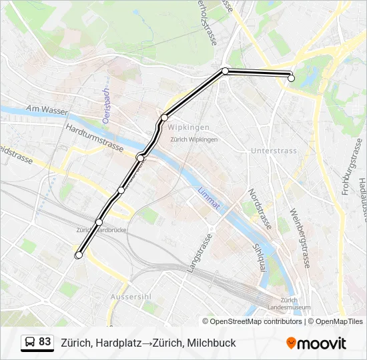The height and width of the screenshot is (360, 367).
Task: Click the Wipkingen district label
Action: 189,127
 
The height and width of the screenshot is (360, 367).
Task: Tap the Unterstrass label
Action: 274,151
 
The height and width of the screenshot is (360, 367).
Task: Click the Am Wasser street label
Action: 47,109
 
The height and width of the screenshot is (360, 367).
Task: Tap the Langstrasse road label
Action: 200,252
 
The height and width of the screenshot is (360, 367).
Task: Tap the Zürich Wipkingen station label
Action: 194,139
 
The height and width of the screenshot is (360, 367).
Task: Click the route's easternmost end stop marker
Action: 291,78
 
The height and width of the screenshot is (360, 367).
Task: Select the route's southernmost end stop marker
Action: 79,255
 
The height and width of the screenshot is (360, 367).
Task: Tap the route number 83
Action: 45,342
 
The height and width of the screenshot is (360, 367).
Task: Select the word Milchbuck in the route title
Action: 212,343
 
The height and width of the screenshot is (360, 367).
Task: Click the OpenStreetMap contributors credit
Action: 256,321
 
